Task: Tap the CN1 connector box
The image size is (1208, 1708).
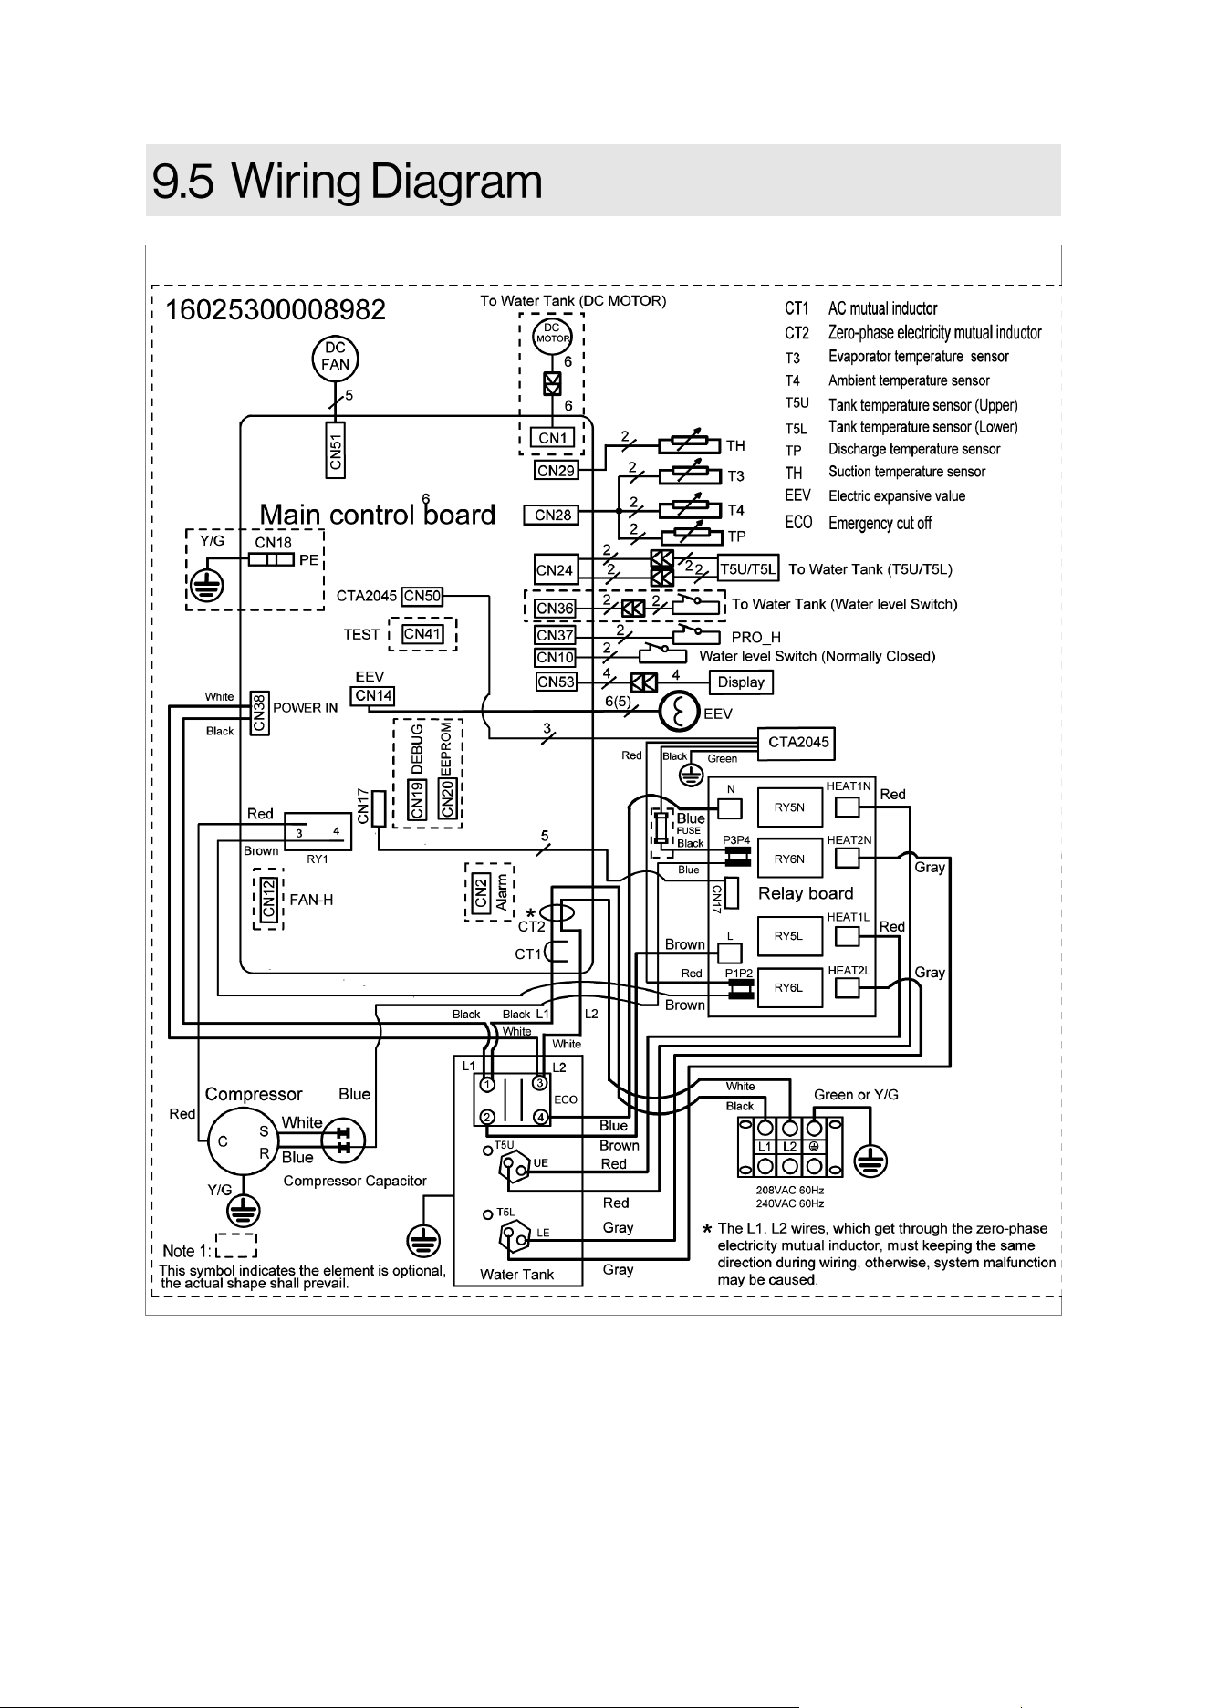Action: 553,438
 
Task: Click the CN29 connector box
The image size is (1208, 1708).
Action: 556,470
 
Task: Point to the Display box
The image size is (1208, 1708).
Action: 741,682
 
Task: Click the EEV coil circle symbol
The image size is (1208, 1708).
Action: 679,712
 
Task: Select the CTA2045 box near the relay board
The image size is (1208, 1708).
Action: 799,742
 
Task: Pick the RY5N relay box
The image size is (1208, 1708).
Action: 789,807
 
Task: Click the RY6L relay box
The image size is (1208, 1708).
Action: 789,987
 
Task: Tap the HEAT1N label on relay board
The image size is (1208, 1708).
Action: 849,786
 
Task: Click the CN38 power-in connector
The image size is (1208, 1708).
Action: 259,713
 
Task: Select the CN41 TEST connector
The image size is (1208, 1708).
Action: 422,634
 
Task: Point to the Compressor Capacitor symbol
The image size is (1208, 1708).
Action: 345,1140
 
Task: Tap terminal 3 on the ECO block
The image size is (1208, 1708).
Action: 540,1083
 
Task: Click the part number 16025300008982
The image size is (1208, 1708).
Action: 275,310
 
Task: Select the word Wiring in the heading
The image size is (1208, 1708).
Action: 299,182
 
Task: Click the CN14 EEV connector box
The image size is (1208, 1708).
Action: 373,695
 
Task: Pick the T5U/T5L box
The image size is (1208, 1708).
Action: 748,570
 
